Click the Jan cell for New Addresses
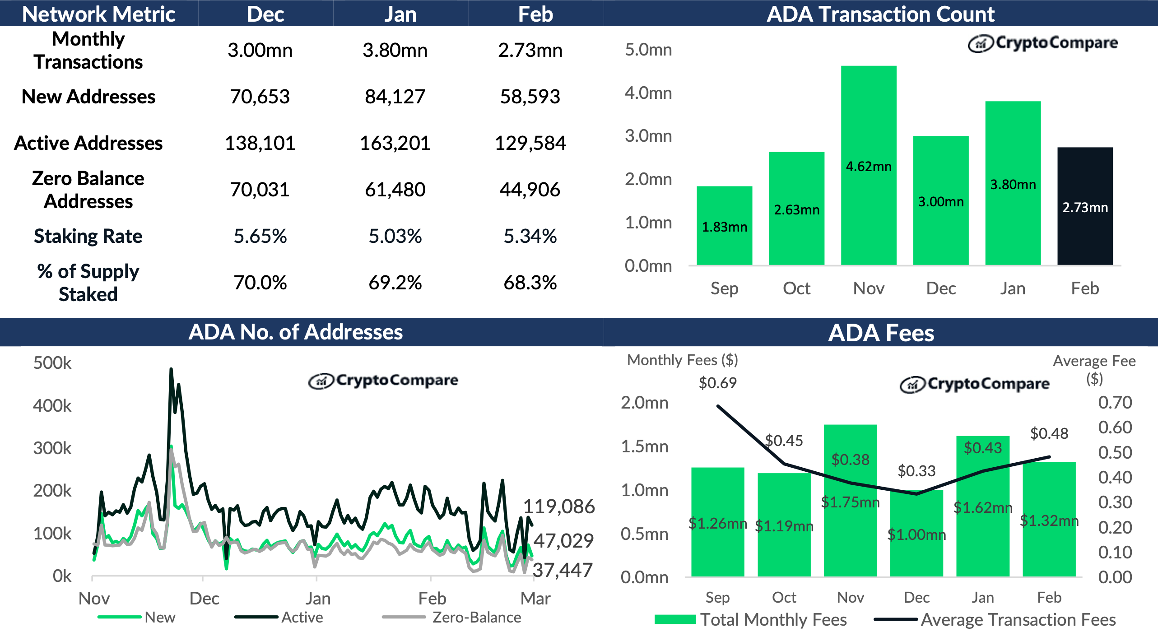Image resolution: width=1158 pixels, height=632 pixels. [395, 97]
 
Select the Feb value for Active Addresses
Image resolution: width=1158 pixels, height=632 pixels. [530, 143]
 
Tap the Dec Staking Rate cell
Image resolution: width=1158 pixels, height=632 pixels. [260, 236]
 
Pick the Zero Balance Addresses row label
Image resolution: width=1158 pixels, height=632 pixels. [88, 190]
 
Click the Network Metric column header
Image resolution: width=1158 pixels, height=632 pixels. [98, 14]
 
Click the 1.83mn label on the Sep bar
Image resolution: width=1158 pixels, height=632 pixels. [724, 227]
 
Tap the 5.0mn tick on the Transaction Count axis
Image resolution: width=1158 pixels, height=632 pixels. [648, 50]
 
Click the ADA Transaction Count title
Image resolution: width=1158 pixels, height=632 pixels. [880, 14]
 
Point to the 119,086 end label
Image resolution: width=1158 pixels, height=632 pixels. [559, 507]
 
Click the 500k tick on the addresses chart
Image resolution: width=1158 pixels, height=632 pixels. [52, 363]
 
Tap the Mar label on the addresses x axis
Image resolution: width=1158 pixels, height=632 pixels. [535, 599]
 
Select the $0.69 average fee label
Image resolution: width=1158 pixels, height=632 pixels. [717, 383]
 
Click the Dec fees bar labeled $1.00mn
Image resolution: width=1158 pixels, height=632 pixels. [916, 535]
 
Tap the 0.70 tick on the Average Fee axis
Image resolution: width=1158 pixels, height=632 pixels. [1115, 402]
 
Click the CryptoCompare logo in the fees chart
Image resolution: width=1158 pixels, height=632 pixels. [975, 384]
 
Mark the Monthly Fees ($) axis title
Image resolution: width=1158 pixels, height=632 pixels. [682, 360]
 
